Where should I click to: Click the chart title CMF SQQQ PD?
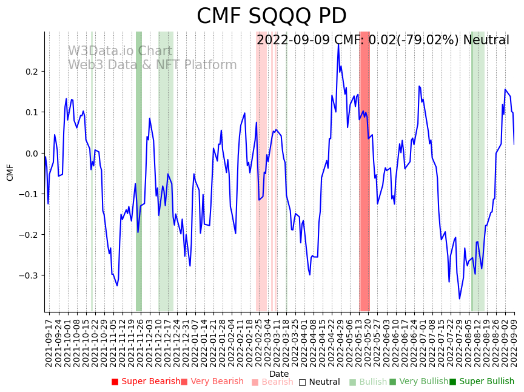(x=272, y=16)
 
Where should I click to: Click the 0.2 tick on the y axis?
(x=32, y=72)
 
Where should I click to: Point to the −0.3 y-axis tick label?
(x=29, y=275)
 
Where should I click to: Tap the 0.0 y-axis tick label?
(x=32, y=153)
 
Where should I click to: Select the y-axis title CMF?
(x=10, y=172)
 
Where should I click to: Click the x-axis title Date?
(x=279, y=374)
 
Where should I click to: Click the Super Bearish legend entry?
(x=146, y=382)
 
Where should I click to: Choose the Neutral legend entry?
(x=320, y=382)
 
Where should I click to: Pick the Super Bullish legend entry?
(x=482, y=382)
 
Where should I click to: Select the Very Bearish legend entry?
(x=212, y=382)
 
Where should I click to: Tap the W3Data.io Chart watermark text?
(x=119, y=51)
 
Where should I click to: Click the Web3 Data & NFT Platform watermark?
(x=152, y=65)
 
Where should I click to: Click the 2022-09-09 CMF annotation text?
(x=383, y=40)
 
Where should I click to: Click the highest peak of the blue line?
(x=338, y=44)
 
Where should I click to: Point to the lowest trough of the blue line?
(x=459, y=299)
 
